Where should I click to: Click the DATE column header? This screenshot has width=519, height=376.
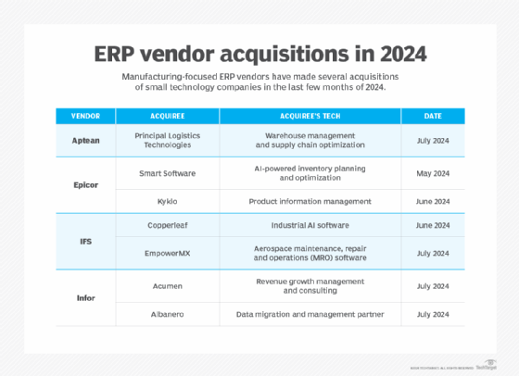433,116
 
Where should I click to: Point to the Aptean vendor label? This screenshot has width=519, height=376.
80,139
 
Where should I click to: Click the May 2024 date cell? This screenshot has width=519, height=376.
433,173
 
